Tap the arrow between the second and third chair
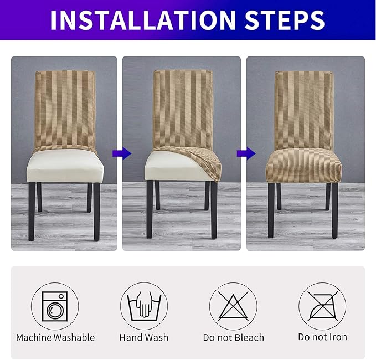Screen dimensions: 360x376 pyautogui.click(x=243, y=152)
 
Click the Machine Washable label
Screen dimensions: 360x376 pyautogui.click(x=55, y=337)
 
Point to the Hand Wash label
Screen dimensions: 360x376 pyautogui.click(x=144, y=337)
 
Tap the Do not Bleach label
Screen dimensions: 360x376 pyautogui.click(x=233, y=337)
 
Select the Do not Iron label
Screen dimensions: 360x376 pyautogui.click(x=322, y=337)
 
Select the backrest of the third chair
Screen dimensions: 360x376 pyautogui.click(x=304, y=105)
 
